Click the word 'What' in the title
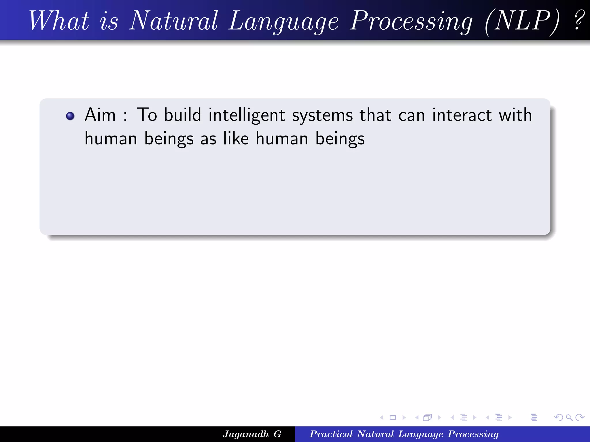point(59,21)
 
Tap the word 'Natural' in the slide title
point(173,21)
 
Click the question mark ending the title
point(578,20)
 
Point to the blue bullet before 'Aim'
point(70,116)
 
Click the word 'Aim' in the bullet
point(100,115)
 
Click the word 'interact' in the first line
point(462,115)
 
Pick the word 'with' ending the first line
point(515,115)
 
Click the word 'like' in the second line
point(236,138)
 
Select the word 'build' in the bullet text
point(182,115)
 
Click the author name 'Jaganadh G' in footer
point(252,434)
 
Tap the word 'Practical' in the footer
point(331,434)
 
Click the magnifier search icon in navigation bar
point(569,418)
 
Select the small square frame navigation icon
point(393,418)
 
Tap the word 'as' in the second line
point(208,139)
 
